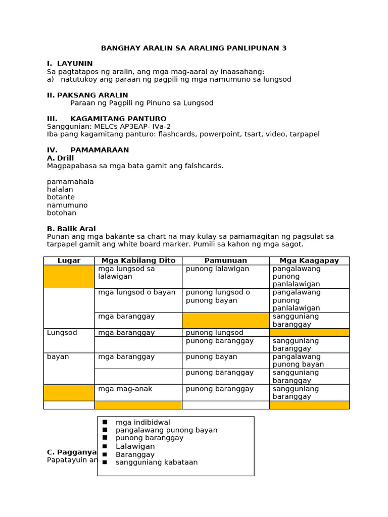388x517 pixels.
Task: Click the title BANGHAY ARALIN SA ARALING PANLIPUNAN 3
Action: pos(193,48)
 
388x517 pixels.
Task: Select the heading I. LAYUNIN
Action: pos(70,64)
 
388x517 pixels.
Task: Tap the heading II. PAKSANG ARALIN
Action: pos(87,95)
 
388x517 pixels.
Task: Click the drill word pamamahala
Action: pos(70,182)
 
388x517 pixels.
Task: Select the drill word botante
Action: pos(61,197)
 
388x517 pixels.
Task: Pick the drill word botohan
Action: pos(62,213)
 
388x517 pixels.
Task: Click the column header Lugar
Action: pos(69,261)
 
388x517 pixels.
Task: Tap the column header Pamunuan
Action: pos(225,261)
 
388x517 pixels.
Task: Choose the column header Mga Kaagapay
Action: pos(309,261)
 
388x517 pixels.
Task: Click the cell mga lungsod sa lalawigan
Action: pos(126,273)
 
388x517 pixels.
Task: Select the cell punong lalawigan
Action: pos(217,269)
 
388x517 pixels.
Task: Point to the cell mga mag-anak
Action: pos(125,389)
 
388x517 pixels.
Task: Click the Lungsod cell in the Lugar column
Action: pos(62,333)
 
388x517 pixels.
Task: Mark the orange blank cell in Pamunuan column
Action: pos(225,320)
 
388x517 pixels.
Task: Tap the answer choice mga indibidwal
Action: pos(142,422)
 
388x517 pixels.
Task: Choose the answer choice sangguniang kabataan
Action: pos(157,462)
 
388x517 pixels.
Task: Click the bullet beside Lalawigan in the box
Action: pos(105,446)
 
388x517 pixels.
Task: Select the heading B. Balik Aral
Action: pos(71,229)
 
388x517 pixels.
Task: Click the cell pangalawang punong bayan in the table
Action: pos(298,360)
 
